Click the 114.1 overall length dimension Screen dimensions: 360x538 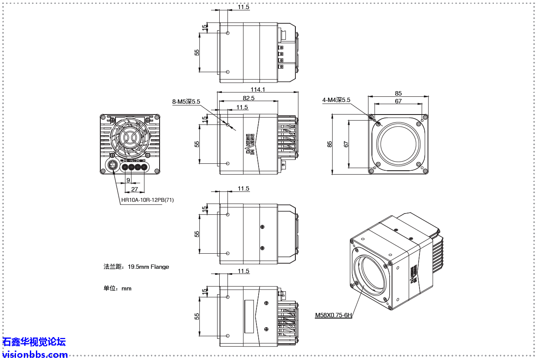click(258, 89)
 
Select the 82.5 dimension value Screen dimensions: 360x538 click(248, 98)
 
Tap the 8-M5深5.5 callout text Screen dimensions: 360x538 click(186, 102)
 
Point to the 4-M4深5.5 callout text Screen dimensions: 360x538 click(336, 100)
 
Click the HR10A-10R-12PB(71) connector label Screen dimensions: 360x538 click(147, 200)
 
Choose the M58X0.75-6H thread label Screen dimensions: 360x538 click(333, 315)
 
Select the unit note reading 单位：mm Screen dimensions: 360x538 click(117, 288)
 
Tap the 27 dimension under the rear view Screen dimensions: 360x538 click(134, 189)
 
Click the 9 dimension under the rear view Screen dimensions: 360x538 click(128, 180)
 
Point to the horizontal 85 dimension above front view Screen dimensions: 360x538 click(398, 93)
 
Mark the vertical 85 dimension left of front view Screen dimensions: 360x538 click(330, 144)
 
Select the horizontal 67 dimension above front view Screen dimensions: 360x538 click(398, 101)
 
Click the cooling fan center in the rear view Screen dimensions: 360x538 click(128, 137)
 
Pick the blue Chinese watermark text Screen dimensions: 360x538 click(34, 342)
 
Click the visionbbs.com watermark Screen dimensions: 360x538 click(35, 355)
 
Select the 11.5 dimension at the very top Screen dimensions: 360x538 click(243, 7)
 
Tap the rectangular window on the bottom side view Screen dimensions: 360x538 click(249, 316)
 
